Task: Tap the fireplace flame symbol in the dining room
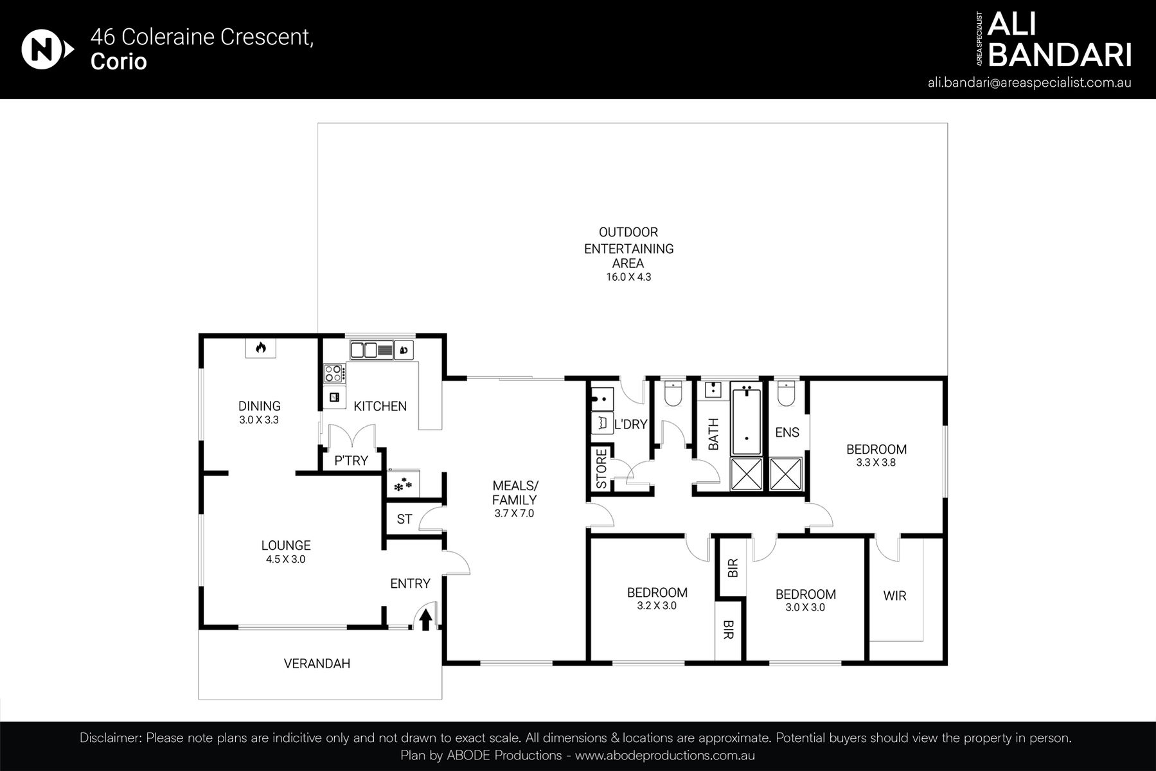(260, 348)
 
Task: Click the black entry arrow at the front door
(425, 620)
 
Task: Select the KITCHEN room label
(380, 406)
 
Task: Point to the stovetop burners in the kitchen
(334, 372)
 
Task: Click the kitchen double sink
(364, 350)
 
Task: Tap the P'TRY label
(351, 461)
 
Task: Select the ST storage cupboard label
(404, 519)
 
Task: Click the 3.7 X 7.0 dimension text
(514, 513)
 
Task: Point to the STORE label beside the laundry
(601, 469)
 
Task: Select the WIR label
(894, 596)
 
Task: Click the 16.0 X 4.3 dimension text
(628, 278)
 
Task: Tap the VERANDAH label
(317, 664)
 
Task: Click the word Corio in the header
(119, 62)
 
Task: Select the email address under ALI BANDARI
(1029, 83)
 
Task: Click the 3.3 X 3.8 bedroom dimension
(876, 462)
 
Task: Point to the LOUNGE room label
(285, 545)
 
